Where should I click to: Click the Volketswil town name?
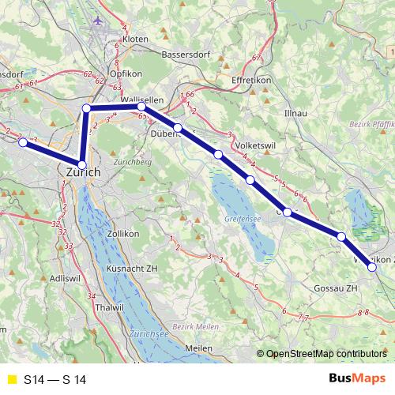pyautogui.click(x=258, y=146)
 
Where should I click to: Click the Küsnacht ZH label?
pyautogui.click(x=131, y=268)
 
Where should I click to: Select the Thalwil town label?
pyautogui.click(x=106, y=306)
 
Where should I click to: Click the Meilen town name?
pyautogui.click(x=198, y=348)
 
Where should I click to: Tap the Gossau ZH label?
pyautogui.click(x=337, y=288)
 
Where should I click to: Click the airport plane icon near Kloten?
pyautogui.click(x=97, y=20)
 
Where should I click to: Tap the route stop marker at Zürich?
pyautogui.click(x=81, y=165)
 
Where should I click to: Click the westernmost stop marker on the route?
pyautogui.click(x=24, y=143)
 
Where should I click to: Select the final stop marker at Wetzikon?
pyautogui.click(x=372, y=268)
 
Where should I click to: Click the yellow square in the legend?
pyautogui.click(x=11, y=380)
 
